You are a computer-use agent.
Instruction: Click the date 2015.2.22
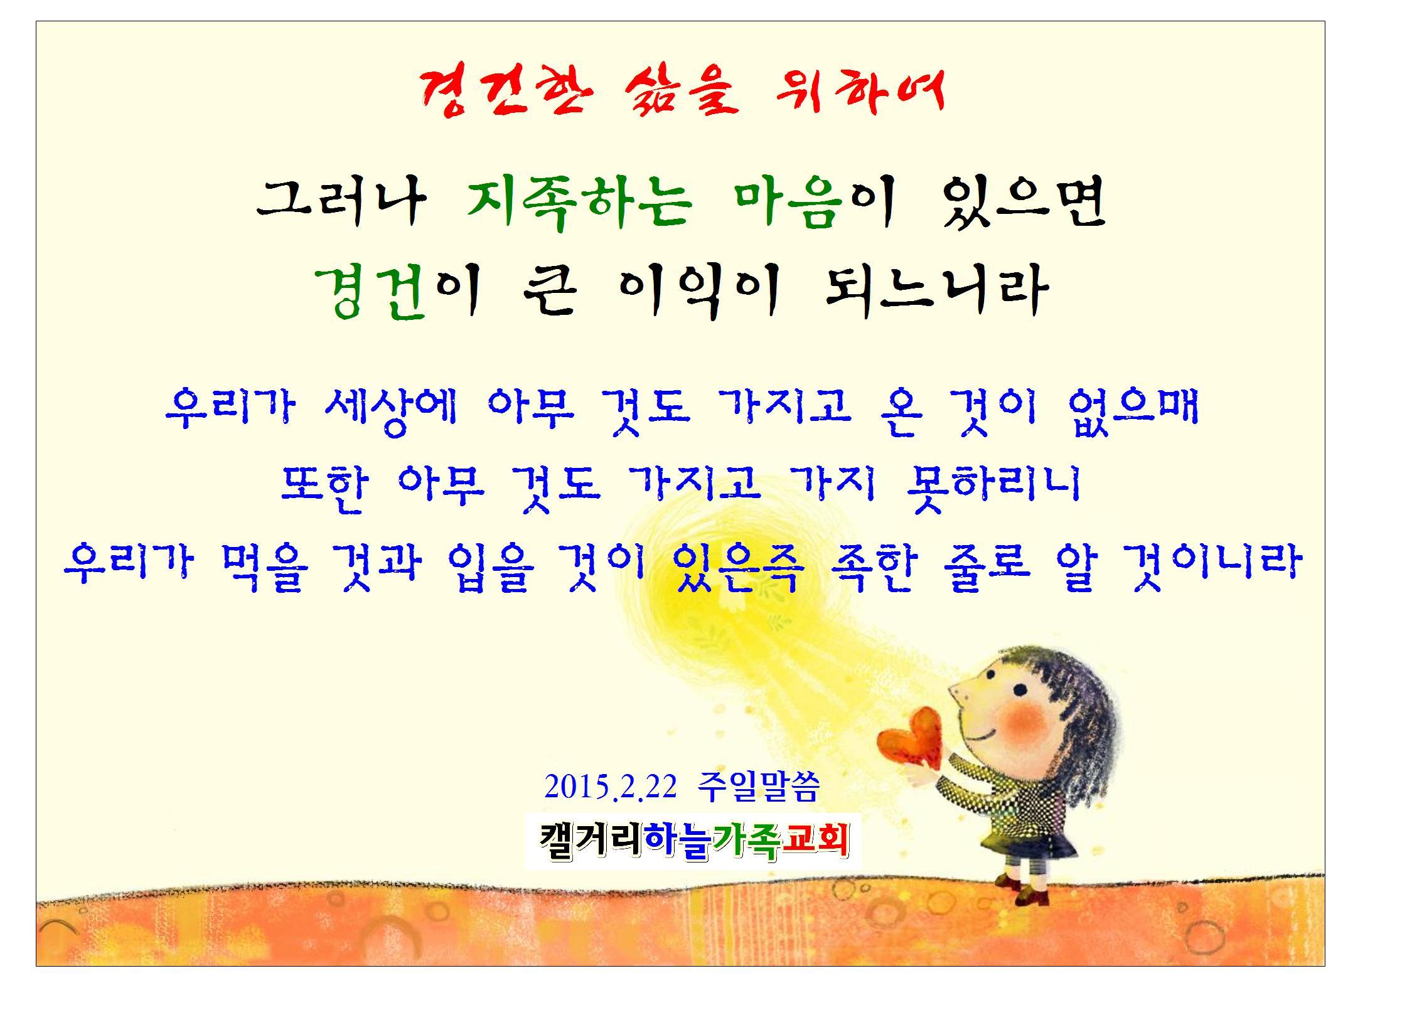click(611, 787)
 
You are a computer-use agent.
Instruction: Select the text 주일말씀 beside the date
click(758, 787)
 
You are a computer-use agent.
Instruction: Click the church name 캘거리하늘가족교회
click(693, 841)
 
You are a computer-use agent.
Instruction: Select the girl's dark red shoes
click(1023, 889)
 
